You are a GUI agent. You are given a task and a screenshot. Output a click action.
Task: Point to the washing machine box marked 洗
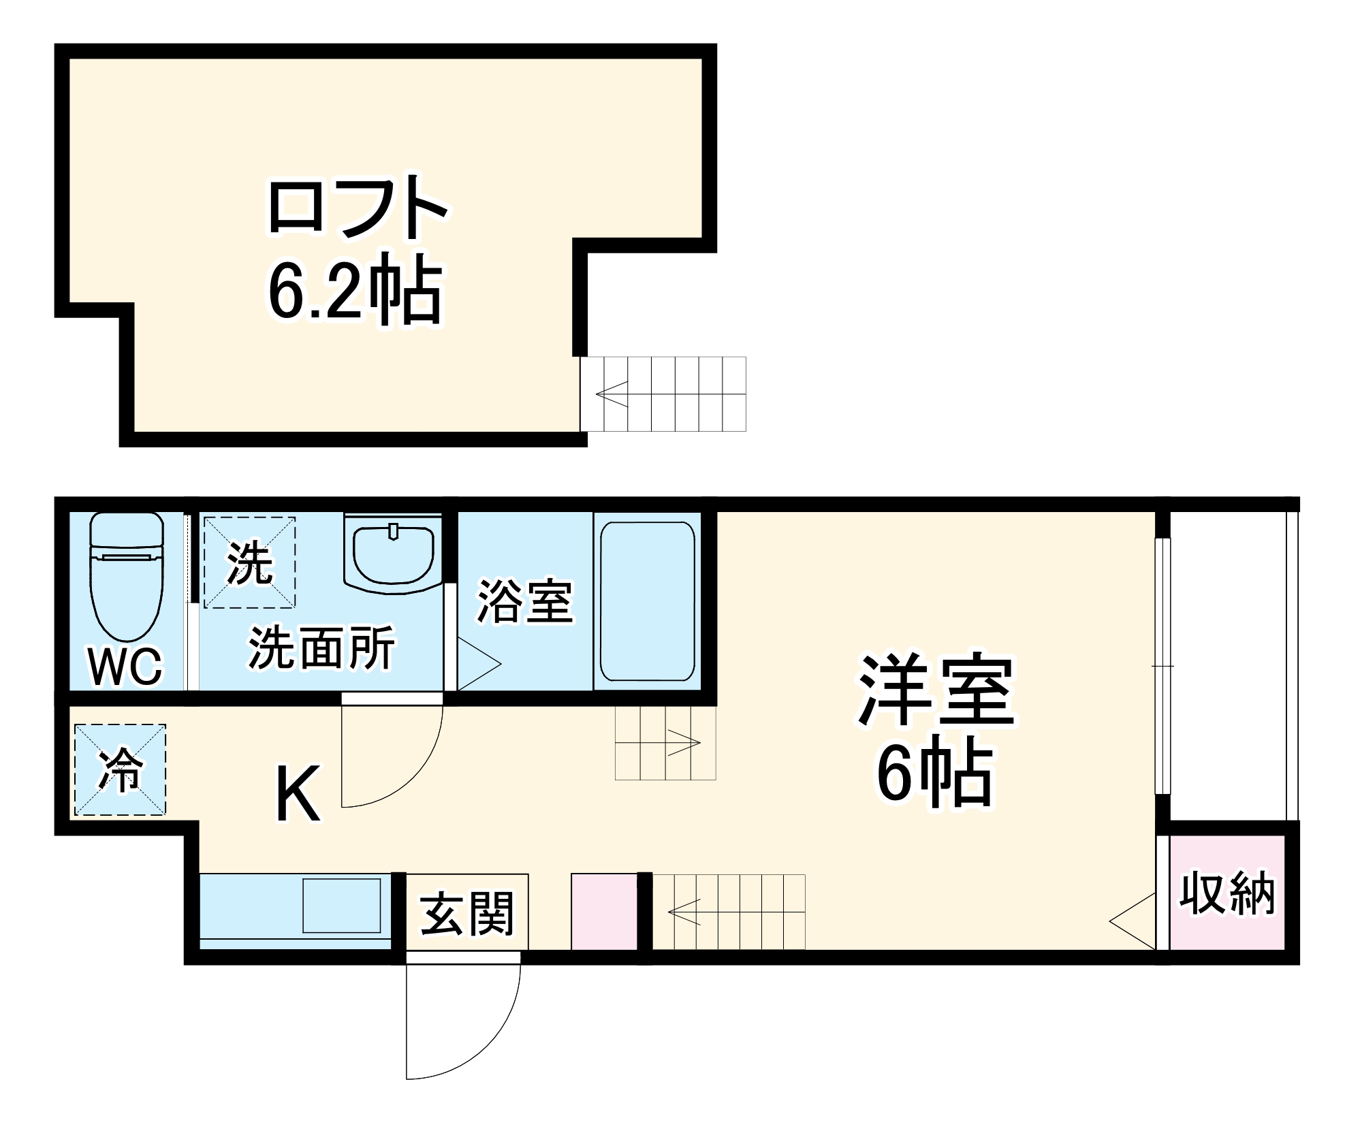click(249, 562)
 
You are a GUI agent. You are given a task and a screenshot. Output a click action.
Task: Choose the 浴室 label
click(524, 601)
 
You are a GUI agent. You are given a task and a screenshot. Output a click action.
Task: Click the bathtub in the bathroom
click(647, 601)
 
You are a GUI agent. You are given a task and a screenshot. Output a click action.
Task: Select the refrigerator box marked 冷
click(120, 769)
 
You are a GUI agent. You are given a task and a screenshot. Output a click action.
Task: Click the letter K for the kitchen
click(298, 794)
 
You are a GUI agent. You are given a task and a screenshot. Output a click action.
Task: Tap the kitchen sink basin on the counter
click(341, 905)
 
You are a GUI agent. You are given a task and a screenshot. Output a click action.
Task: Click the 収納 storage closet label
click(1227, 893)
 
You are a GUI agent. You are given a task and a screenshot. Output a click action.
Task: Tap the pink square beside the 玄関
click(604, 911)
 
